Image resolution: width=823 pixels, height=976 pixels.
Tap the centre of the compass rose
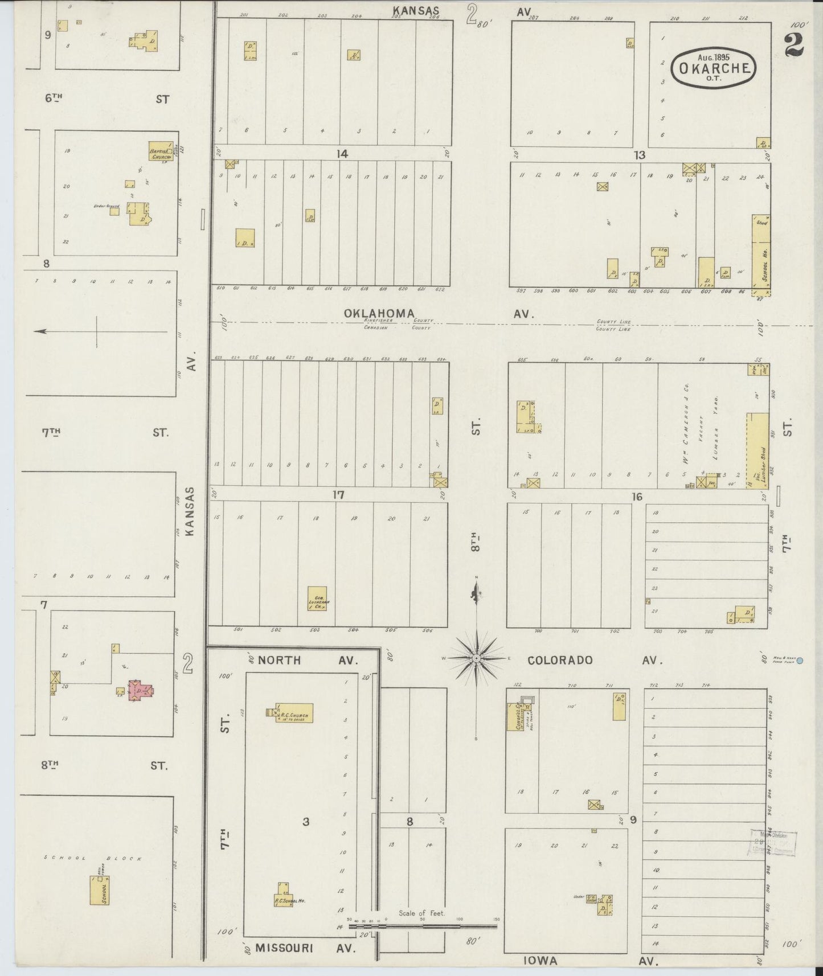[x=476, y=658]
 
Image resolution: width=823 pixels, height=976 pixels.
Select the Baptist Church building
[x=161, y=151]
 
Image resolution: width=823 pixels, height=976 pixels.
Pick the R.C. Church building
[x=294, y=713]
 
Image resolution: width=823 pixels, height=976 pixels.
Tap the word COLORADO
[x=559, y=660]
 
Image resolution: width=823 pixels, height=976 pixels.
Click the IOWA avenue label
[x=541, y=961]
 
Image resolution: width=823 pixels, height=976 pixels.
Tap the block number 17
[x=338, y=495]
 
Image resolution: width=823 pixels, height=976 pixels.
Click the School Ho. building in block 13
[x=761, y=255]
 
